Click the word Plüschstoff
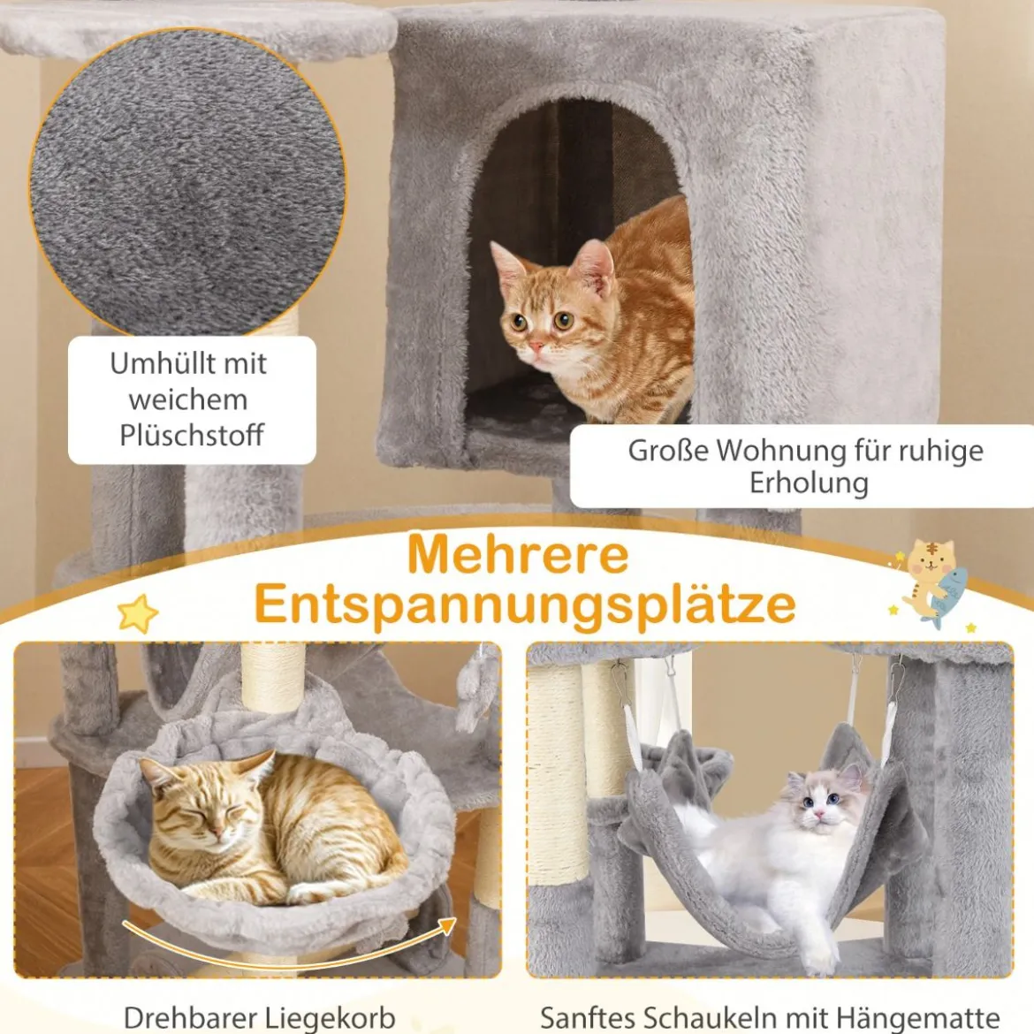[192, 436]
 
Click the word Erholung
[809, 483]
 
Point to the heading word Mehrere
[518, 555]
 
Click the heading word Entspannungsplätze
[525, 604]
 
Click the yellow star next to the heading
[138, 614]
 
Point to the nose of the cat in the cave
[536, 346]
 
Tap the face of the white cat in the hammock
[820, 804]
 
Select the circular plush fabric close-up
[188, 182]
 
